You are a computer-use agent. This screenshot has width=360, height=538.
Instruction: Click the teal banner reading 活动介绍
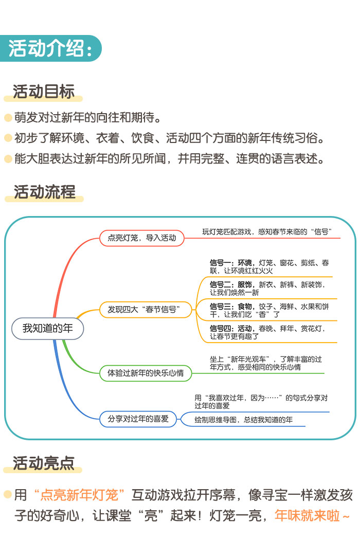point(50,49)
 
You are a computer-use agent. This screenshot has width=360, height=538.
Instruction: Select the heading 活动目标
point(44,92)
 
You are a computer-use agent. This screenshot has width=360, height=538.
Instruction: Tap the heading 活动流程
point(44,192)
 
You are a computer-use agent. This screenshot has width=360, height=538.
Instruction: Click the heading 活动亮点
point(44,463)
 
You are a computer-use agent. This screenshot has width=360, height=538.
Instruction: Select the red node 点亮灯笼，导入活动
point(142,238)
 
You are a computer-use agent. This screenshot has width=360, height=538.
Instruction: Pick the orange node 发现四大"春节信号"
point(146,310)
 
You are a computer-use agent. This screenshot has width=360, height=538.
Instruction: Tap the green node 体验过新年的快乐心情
point(146,373)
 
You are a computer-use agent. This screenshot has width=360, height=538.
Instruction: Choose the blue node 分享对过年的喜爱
point(138,419)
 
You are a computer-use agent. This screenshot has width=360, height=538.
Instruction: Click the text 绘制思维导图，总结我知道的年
point(244,420)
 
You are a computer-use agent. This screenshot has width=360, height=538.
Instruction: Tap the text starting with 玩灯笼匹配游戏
point(272,232)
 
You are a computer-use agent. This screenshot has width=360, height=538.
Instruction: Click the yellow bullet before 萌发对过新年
point(8,118)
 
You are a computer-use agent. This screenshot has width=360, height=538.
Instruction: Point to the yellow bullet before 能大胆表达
point(8,158)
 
